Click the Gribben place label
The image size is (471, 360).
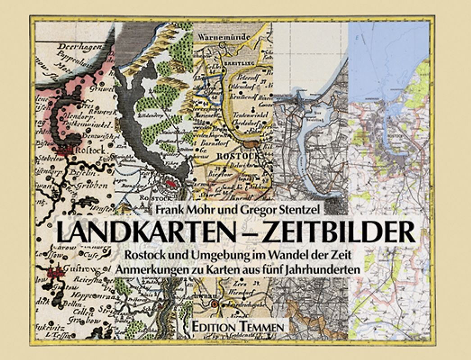(94, 185)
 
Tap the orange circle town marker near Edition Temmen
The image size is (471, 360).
(215, 304)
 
